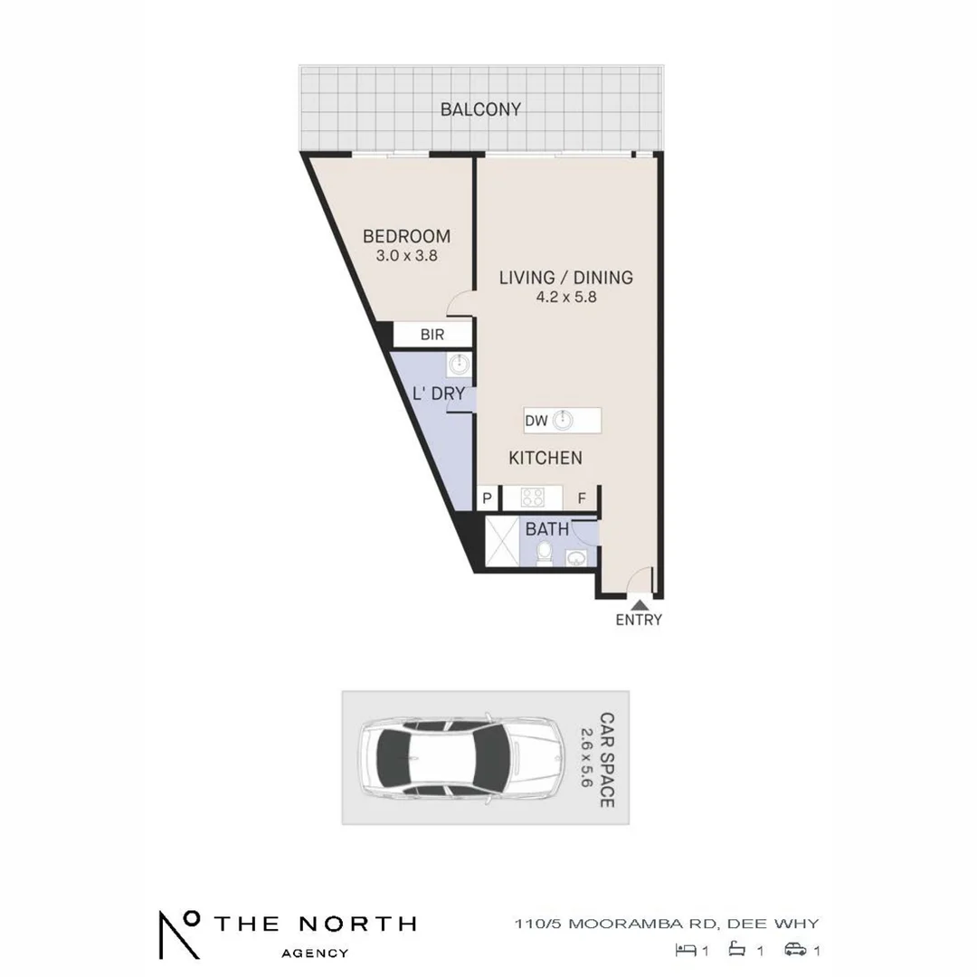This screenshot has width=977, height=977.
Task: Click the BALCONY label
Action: (480, 109)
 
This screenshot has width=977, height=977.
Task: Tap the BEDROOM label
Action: (406, 237)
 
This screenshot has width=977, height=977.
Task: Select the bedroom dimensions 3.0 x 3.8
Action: (406, 256)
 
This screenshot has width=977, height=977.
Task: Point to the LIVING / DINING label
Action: (566, 278)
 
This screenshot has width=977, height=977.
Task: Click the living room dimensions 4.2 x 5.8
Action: (566, 297)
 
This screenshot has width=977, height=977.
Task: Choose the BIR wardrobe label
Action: (432, 335)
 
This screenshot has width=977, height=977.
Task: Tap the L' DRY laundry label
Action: (439, 394)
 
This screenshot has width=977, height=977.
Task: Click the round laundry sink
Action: (459, 365)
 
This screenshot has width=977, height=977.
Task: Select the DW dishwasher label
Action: (536, 421)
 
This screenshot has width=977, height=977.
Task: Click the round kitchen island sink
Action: (564, 420)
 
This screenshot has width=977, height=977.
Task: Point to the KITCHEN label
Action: (545, 458)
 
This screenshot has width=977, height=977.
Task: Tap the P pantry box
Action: (487, 498)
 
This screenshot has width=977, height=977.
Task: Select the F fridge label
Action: (583, 498)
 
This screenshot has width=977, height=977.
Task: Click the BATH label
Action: (547, 528)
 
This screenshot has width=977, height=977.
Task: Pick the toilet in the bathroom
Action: (543, 552)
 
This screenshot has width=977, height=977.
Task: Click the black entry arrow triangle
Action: (639, 603)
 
